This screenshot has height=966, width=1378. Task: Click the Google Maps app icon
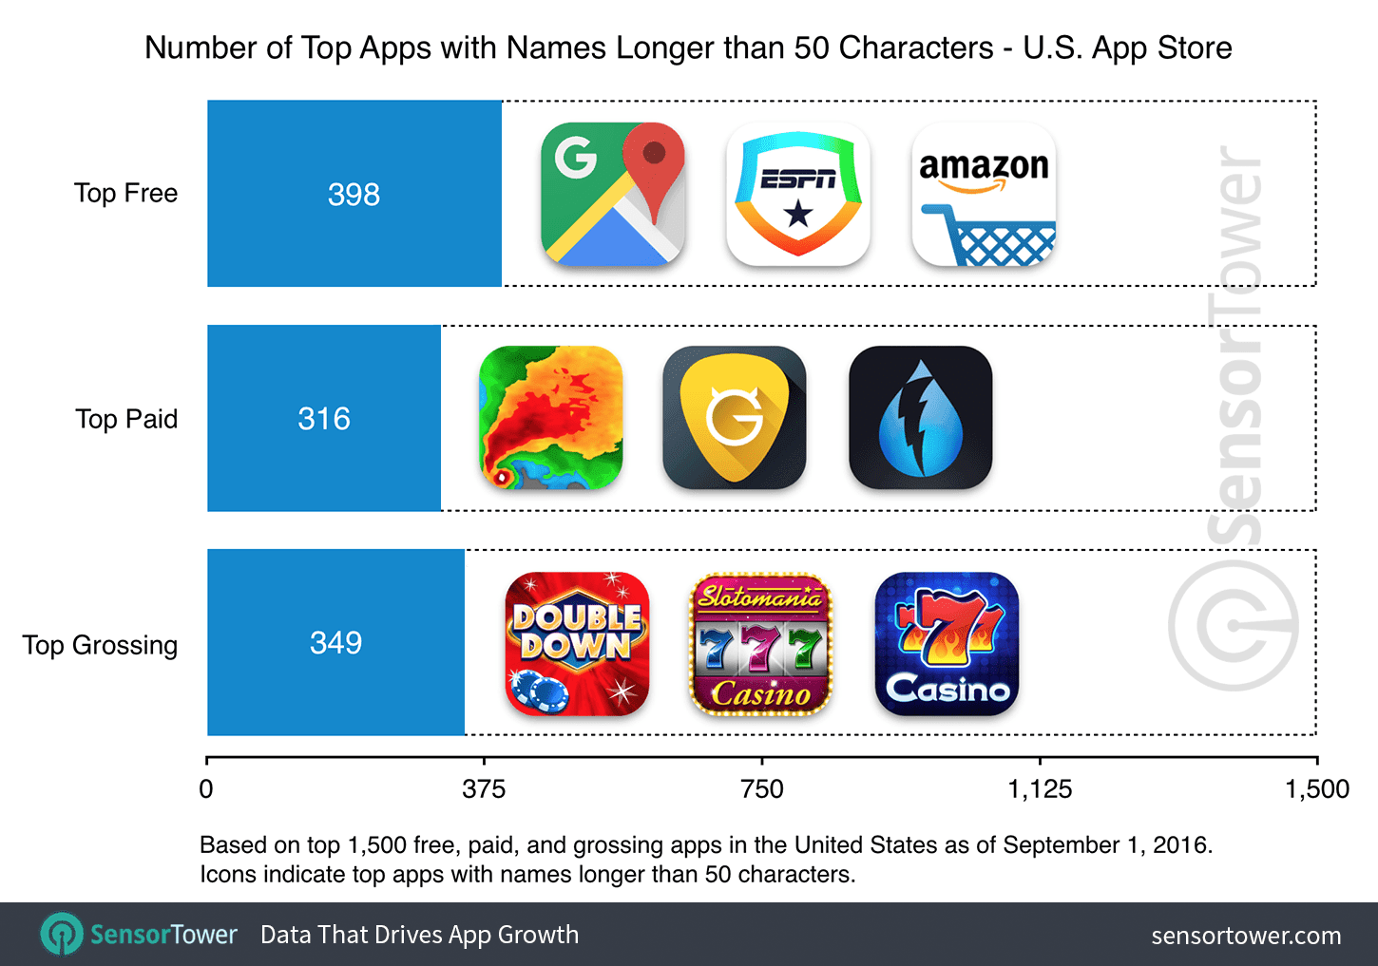613,194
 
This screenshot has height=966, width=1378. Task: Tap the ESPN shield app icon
798,194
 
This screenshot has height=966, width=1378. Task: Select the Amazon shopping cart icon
984,194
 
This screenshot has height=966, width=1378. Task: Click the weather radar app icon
551,418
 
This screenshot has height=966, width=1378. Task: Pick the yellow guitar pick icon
735,418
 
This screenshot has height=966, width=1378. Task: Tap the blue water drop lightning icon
920,418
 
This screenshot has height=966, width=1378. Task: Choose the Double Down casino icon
577,644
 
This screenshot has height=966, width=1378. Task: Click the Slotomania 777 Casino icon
760,644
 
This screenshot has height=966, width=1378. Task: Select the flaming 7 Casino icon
947,644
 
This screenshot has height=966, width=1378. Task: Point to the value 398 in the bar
354,195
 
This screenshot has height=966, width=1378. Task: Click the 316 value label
324,419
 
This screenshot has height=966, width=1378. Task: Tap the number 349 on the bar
335,643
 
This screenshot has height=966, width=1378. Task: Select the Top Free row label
126,194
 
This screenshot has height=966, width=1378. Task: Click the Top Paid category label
126,419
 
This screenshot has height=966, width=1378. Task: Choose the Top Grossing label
101,645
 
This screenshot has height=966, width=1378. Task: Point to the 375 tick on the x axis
484,789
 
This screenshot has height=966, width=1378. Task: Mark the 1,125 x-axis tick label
1040,789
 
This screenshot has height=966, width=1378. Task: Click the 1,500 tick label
1317,789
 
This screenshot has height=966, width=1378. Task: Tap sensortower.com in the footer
1246,936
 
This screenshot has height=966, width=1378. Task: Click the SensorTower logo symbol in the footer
62,935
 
